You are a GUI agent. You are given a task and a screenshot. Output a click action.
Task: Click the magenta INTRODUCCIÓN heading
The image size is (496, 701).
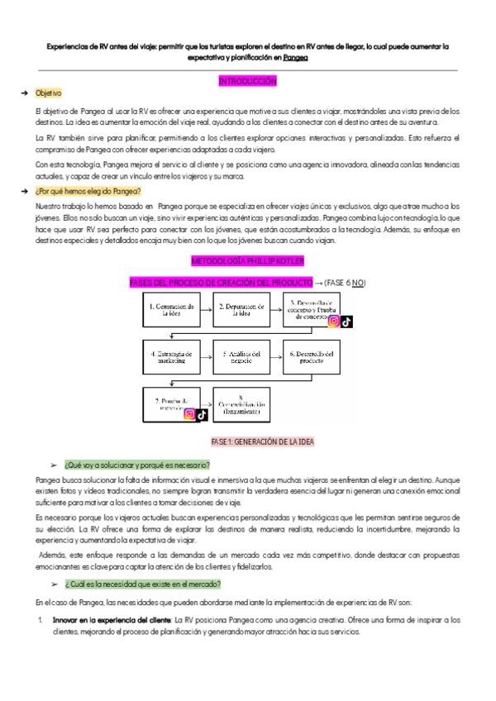tap(247, 81)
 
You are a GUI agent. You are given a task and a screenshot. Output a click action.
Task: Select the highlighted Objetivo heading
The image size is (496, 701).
tap(48, 94)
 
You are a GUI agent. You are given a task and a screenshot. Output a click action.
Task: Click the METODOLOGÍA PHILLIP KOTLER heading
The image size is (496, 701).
tap(247, 261)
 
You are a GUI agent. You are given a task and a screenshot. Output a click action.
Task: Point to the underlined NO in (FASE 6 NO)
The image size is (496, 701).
tap(357, 284)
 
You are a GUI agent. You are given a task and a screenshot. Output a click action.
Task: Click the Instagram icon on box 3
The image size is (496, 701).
tap(333, 322)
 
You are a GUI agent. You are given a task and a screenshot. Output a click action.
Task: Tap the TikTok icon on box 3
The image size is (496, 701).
tap(346, 322)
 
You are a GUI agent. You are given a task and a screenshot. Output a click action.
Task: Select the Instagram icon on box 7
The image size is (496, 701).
tap(189, 414)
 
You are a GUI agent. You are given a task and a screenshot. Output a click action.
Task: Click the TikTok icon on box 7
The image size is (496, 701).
tap(202, 414)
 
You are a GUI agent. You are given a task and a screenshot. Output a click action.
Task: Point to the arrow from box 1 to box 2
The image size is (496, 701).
tap(207, 310)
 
